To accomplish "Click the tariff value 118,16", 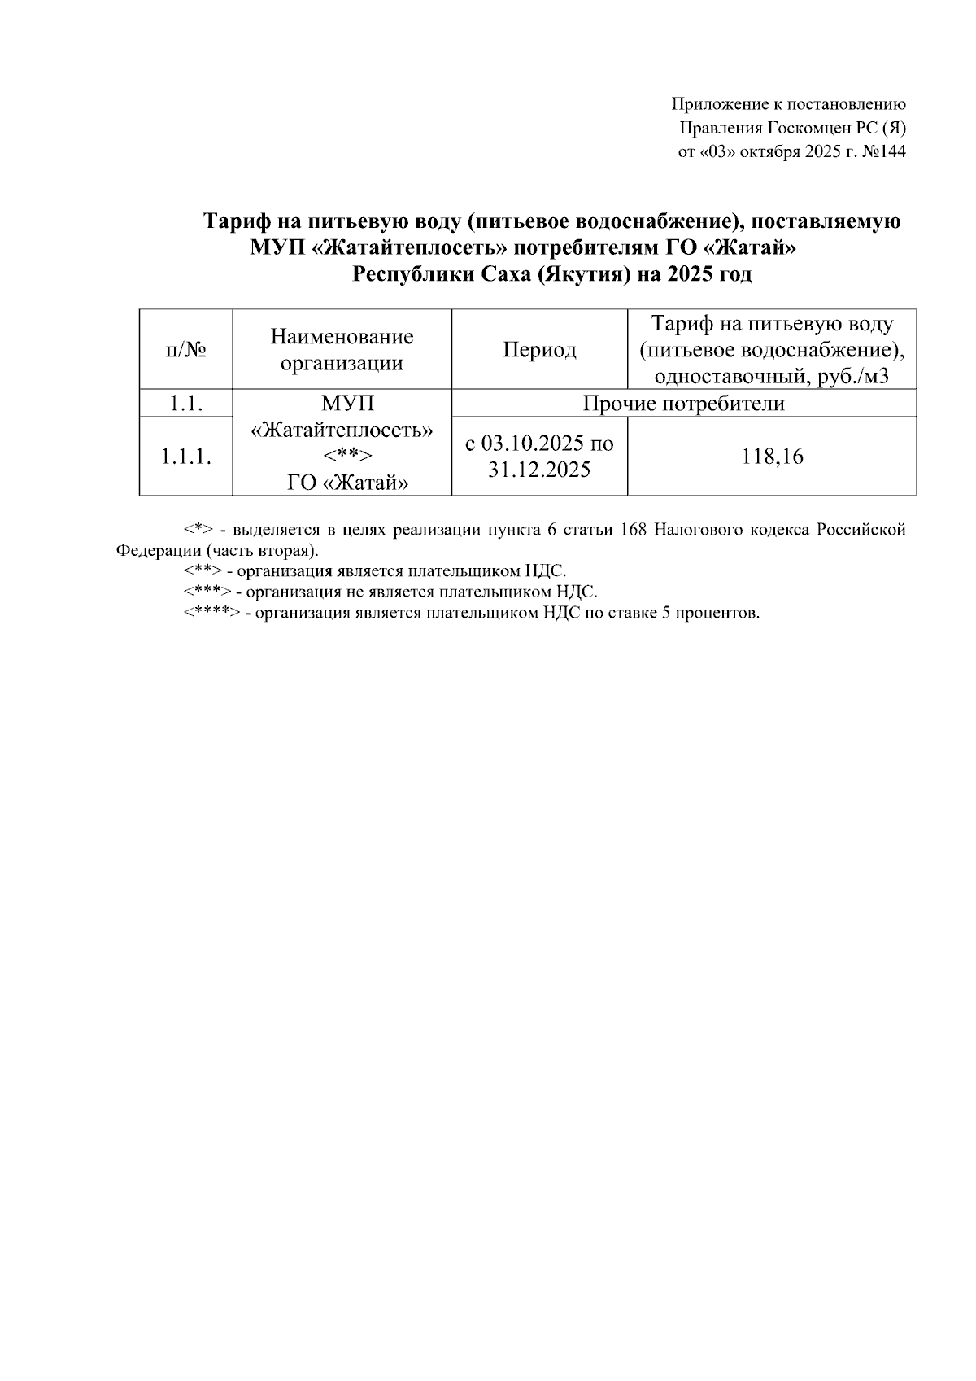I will pyautogui.click(x=772, y=457).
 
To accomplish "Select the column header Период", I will pyautogui.click(x=539, y=350).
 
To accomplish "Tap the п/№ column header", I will pyautogui.click(x=185, y=350).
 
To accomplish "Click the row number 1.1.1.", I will pyautogui.click(x=185, y=457).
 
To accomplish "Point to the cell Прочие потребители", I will pyautogui.click(x=684, y=404).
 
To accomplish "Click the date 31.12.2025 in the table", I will pyautogui.click(x=539, y=470).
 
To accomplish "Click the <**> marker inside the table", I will pyautogui.click(x=342, y=457).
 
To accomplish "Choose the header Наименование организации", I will pyautogui.click(x=342, y=350).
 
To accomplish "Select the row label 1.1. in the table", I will pyautogui.click(x=185, y=404).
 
